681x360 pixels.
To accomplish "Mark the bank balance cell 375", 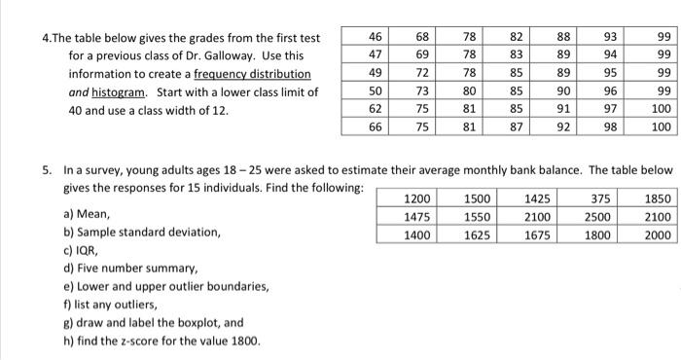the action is tap(599, 198).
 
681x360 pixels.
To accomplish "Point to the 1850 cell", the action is tap(656, 198).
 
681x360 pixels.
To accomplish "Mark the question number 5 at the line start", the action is tap(47, 168).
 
